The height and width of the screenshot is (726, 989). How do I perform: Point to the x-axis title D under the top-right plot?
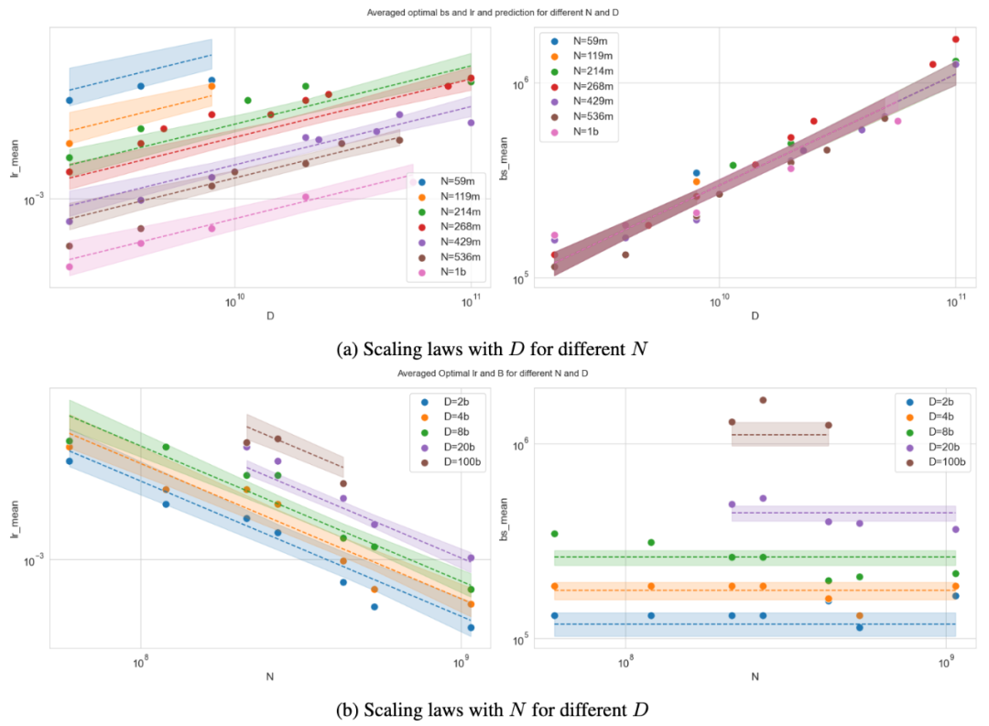(755, 316)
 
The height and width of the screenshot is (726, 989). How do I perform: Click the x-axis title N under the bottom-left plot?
(269, 677)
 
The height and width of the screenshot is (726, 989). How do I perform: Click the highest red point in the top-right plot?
(955, 39)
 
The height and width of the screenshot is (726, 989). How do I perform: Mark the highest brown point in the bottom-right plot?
(763, 400)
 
